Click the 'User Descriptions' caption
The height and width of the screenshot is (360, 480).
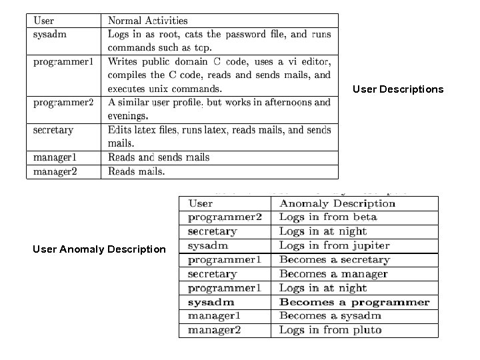click(x=397, y=89)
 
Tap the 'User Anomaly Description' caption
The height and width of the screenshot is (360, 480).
click(x=99, y=249)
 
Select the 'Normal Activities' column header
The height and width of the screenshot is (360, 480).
click(x=148, y=21)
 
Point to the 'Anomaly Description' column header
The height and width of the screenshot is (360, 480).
click(x=337, y=203)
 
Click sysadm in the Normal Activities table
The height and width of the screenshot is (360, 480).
click(x=50, y=34)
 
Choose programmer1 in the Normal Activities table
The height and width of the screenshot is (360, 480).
click(x=63, y=61)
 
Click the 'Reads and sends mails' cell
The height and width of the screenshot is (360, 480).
click(x=159, y=157)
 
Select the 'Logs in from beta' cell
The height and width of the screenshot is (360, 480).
click(x=328, y=217)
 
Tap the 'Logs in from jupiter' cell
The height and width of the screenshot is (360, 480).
click(x=335, y=245)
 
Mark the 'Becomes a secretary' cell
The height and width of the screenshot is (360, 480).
click(x=335, y=260)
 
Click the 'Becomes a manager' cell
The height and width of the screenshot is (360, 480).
click(x=333, y=274)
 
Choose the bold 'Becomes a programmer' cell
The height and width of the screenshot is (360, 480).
click(x=355, y=302)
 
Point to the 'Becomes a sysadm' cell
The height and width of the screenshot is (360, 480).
click(x=330, y=316)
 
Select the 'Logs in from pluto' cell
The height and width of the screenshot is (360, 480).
click(x=331, y=330)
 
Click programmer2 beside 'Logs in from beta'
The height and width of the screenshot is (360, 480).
click(x=225, y=217)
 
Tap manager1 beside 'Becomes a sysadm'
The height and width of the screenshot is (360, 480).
click(x=214, y=316)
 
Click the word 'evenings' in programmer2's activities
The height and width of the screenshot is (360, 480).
click(x=127, y=115)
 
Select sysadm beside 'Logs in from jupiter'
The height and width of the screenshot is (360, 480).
click(x=208, y=245)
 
